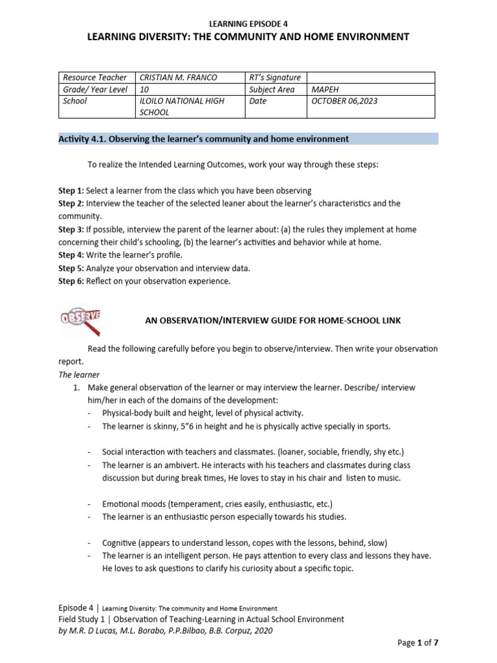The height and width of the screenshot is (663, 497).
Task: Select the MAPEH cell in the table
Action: pyautogui.click(x=326, y=90)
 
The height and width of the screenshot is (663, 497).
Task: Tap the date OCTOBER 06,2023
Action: pyautogui.click(x=346, y=102)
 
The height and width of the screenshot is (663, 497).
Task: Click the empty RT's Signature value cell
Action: pyautogui.click(x=371, y=78)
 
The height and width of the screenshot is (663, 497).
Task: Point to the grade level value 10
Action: pyautogui.click(x=145, y=90)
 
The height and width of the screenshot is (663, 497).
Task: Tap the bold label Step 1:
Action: pyautogui.click(x=70, y=191)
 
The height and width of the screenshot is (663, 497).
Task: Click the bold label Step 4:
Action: pyautogui.click(x=70, y=255)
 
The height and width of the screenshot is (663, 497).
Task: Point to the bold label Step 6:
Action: pyautogui.click(x=70, y=282)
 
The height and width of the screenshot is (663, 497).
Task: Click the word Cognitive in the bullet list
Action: pyautogui.click(x=123, y=543)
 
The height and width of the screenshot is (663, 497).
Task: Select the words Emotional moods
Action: pyautogui.click(x=134, y=504)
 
